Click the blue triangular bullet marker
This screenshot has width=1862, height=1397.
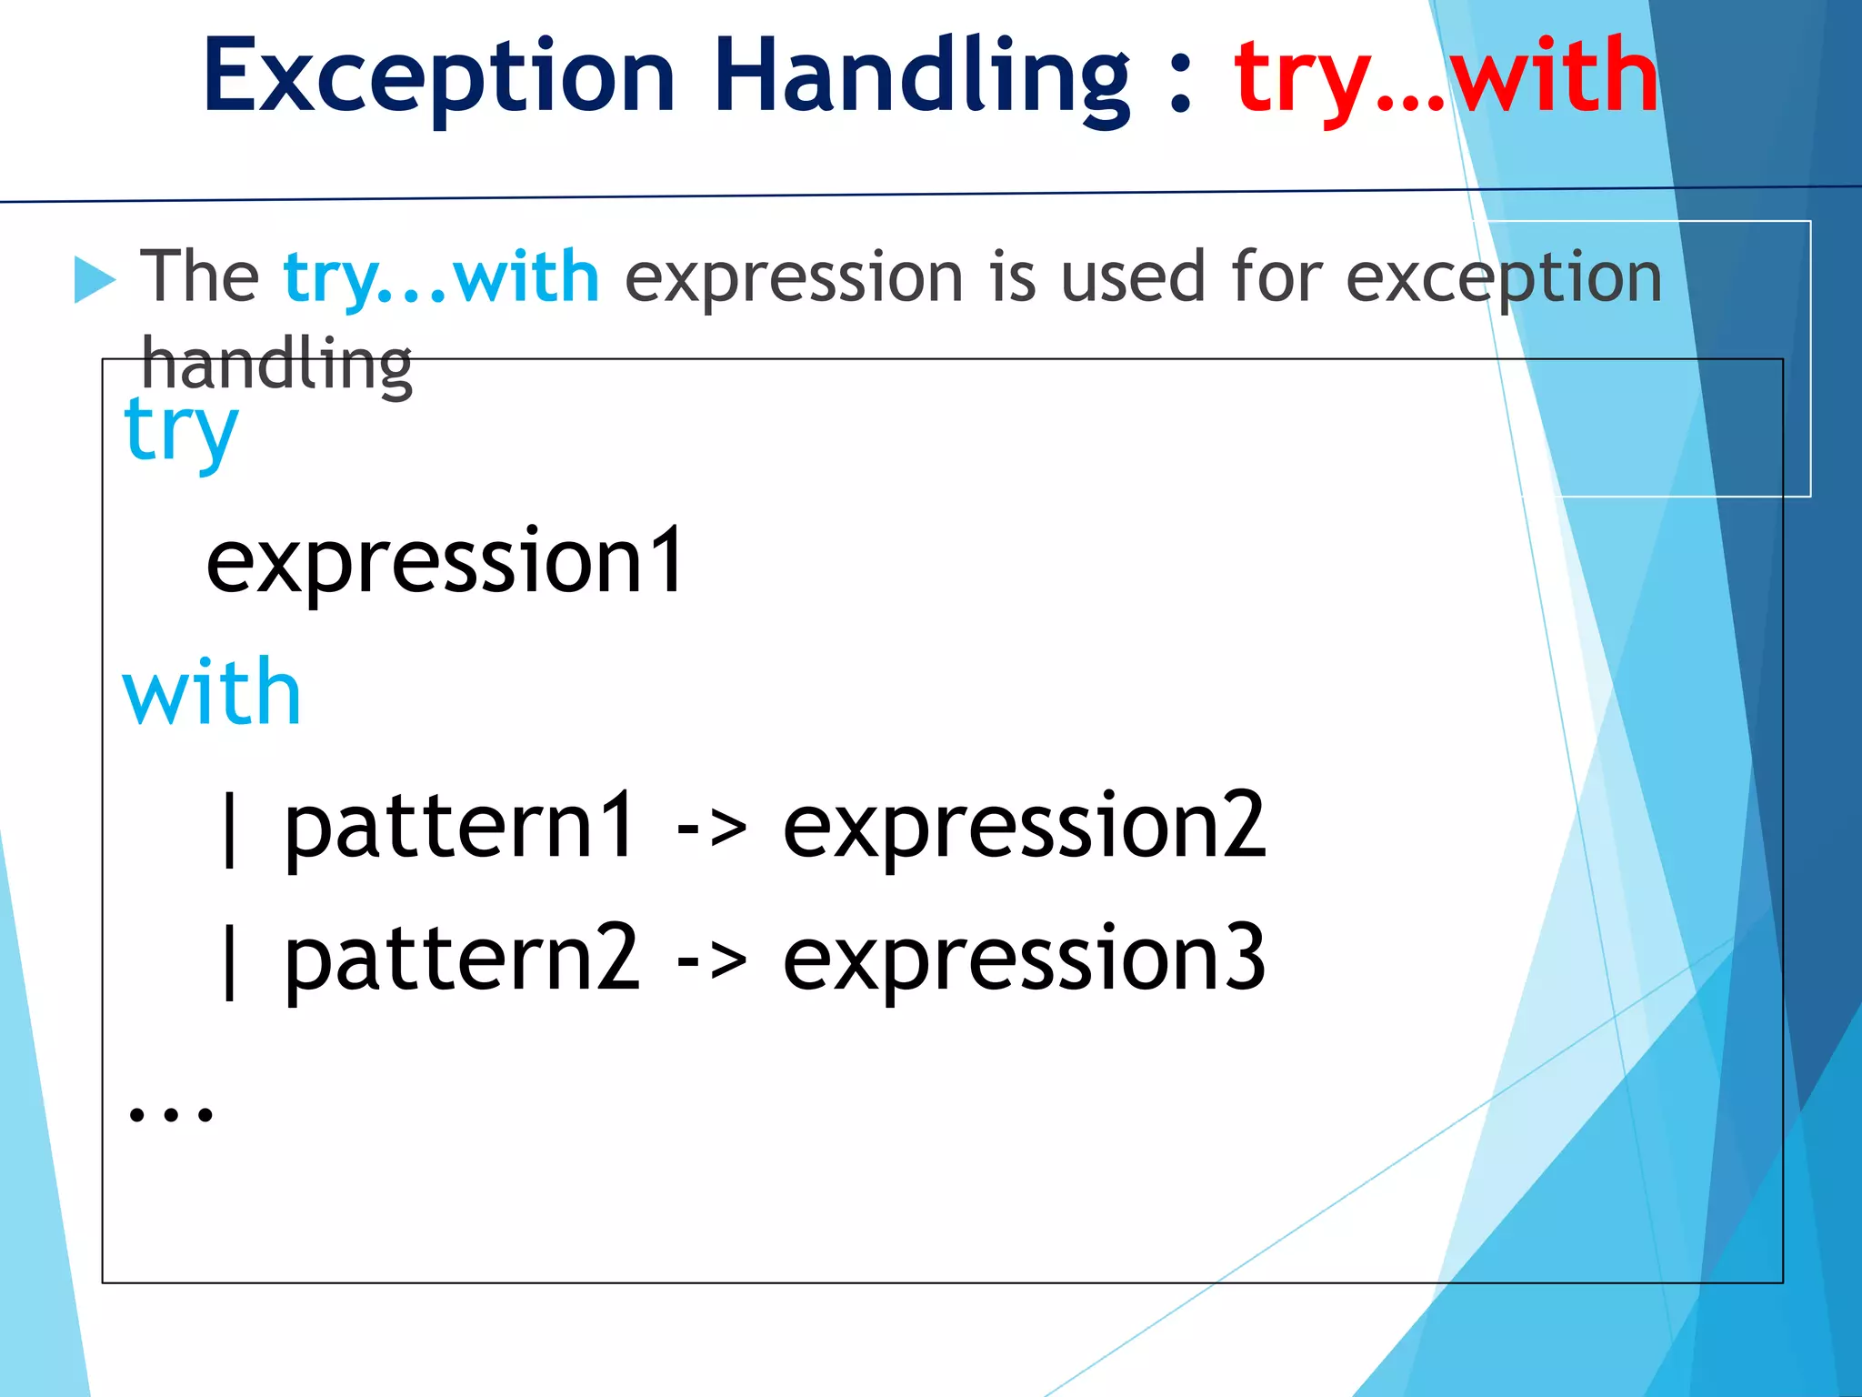[x=95, y=279]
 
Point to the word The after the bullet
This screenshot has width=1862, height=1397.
[x=200, y=276]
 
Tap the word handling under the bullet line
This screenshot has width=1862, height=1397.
[x=276, y=364]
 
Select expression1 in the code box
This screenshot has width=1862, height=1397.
[x=445, y=563]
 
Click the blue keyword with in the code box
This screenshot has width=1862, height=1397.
[x=212, y=694]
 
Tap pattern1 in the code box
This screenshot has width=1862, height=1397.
[x=459, y=826]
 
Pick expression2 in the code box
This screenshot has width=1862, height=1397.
[x=1024, y=826]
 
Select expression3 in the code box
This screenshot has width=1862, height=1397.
[x=1024, y=958]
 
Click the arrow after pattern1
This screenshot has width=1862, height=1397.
[x=711, y=828]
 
